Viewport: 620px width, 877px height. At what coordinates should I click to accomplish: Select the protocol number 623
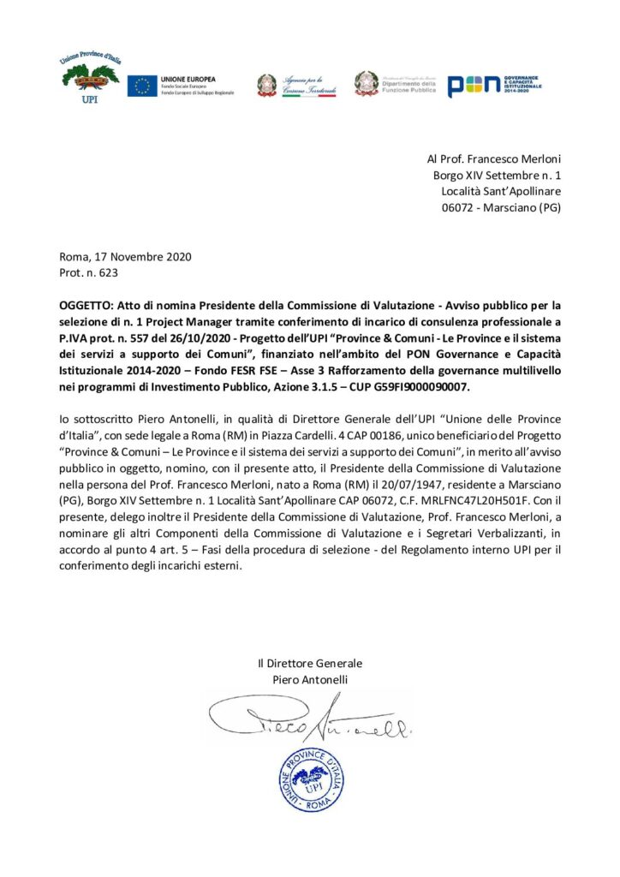pos(109,273)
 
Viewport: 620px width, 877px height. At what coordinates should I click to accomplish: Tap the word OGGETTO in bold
pos(87,305)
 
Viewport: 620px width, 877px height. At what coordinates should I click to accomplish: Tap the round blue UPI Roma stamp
pos(311,779)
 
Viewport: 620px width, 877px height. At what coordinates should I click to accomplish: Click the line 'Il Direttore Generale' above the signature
pos(310,663)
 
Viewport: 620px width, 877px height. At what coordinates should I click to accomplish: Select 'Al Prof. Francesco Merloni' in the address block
pos(493,159)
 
